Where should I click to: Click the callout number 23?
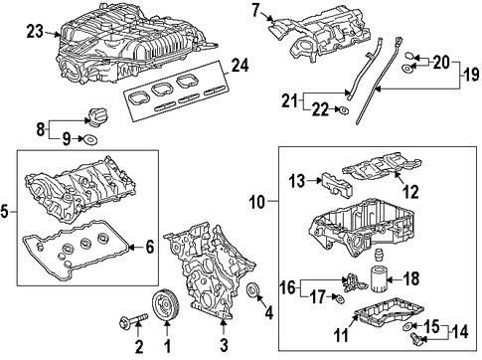[x=35, y=32]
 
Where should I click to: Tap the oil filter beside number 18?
[x=378, y=278]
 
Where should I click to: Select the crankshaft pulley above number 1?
[x=166, y=305]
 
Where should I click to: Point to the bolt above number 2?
[x=133, y=320]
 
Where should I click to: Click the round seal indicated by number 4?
[x=254, y=290]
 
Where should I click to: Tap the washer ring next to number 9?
[x=90, y=139]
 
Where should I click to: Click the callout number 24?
[x=240, y=66]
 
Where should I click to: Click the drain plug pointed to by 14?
[x=415, y=338]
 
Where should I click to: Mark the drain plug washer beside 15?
[x=407, y=326]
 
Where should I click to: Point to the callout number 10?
[x=257, y=202]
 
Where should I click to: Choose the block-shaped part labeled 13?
[x=337, y=186]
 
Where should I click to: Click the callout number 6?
[x=150, y=247]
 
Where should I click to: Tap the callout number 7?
[x=255, y=10]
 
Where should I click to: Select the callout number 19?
[x=471, y=74]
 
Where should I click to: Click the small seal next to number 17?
[x=339, y=298]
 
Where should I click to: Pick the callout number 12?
[x=410, y=192]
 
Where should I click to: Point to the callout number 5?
[x=4, y=212]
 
